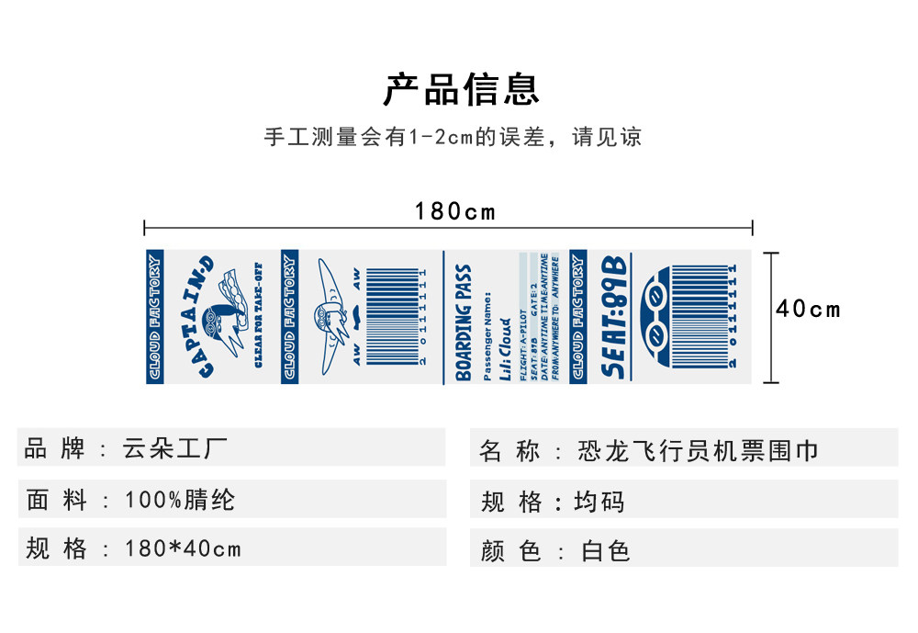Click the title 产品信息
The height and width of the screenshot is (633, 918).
(461, 89)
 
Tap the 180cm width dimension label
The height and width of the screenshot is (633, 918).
(454, 211)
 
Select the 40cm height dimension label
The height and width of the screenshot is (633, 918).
(808, 309)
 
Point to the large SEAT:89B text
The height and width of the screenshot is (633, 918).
(614, 318)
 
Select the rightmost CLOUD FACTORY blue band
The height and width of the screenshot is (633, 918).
(577, 317)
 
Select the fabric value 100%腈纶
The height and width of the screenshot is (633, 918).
(180, 500)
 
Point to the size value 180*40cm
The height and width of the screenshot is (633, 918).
(183, 549)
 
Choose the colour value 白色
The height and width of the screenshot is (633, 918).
(606, 551)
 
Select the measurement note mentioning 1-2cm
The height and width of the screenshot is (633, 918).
(453, 138)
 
